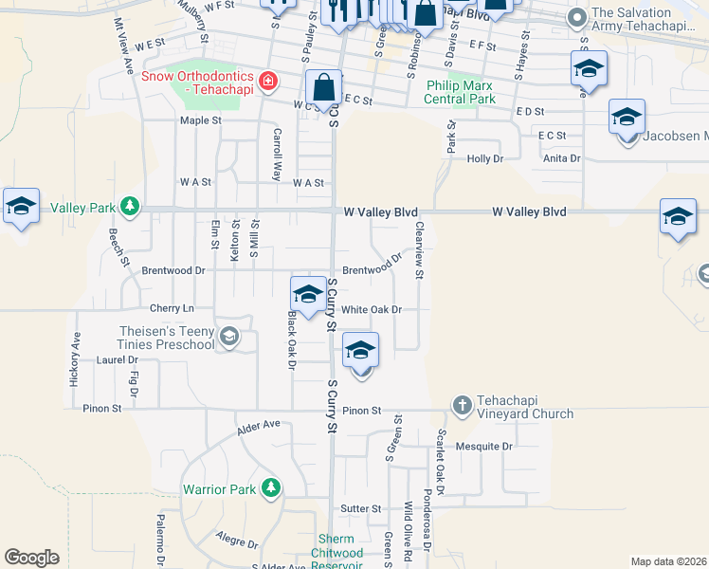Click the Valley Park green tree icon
pos(131,208)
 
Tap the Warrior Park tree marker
pos(271,488)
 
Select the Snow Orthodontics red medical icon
pos(268,82)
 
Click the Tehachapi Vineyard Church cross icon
pos(462,405)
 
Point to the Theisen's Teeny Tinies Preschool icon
pos(228,337)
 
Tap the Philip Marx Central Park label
pos(460,91)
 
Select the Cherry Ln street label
pos(172,308)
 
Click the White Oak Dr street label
pos(372,309)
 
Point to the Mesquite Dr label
pos(483,446)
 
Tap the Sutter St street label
pos(360,508)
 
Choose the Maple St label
pos(201,120)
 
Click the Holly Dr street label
pos(483,158)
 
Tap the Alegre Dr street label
pos(237,541)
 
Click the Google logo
pos(31,558)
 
